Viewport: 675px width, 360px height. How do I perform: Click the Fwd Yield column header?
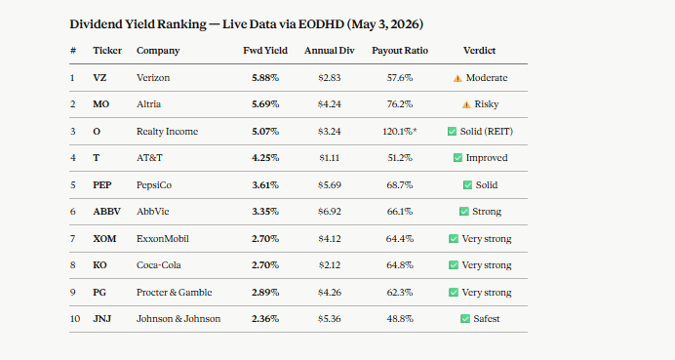(x=265, y=51)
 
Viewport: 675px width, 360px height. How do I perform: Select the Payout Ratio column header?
(x=400, y=51)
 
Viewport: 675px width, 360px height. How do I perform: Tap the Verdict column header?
(x=479, y=51)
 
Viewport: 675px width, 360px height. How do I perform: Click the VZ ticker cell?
(x=99, y=78)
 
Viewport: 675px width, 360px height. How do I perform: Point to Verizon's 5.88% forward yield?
(x=265, y=78)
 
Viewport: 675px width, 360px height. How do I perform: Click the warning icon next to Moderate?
(x=457, y=78)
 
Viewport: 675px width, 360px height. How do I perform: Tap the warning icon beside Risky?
(x=466, y=104)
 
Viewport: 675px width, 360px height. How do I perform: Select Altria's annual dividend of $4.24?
(x=330, y=104)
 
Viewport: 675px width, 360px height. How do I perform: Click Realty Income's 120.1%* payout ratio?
(x=400, y=132)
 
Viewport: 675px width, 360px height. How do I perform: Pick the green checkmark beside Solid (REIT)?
(x=452, y=132)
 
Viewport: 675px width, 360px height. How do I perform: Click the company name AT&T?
(x=149, y=158)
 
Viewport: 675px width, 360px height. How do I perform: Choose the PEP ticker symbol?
(x=102, y=185)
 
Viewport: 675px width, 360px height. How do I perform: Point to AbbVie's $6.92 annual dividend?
(x=330, y=212)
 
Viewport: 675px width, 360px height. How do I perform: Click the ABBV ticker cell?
(x=106, y=212)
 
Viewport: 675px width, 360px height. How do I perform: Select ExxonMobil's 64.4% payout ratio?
(x=400, y=239)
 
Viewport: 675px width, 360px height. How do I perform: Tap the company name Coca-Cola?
(x=158, y=265)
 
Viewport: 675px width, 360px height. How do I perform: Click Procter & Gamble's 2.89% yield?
(x=265, y=293)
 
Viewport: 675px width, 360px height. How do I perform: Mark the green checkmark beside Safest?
(x=465, y=319)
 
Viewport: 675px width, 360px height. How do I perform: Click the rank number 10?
(x=75, y=319)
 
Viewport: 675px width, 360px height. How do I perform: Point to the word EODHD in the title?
(x=321, y=24)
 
